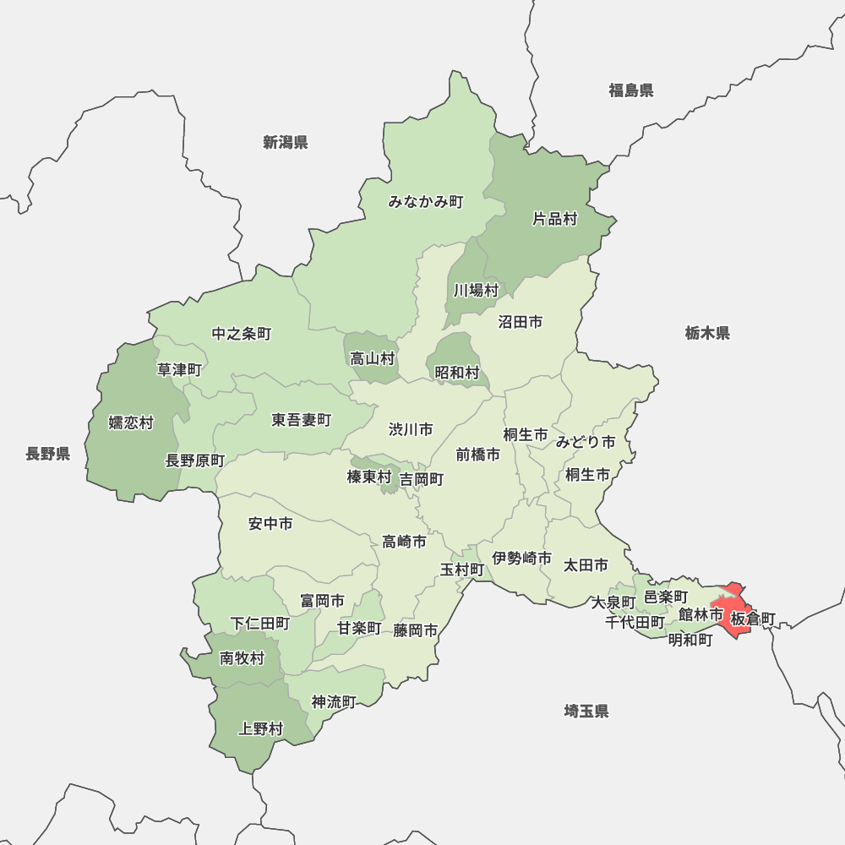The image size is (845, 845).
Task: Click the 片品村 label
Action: pos(554,220)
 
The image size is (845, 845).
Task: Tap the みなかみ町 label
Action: pos(426,202)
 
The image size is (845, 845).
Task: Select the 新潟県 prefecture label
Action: pos(285,142)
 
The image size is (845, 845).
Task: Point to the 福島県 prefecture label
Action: pos(630,90)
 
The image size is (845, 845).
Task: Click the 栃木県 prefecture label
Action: pos(707,333)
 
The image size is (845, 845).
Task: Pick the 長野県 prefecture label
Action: pos(47,455)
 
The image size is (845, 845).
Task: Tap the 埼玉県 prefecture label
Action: pos(586,711)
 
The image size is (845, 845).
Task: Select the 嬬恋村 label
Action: pos(131,422)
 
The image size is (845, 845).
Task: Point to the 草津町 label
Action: pos(179,369)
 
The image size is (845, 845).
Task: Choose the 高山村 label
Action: pos(372,358)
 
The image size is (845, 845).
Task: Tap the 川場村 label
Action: pos(476,291)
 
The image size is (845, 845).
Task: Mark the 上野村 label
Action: pos(261,728)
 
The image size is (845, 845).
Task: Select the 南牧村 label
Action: pos(242,658)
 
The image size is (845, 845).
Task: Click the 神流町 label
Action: pos(334,701)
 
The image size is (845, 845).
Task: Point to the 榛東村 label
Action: pos(369,478)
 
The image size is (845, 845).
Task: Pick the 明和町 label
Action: pos(690,641)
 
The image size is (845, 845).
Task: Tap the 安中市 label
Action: pos(270,524)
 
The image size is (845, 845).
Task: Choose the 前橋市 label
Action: pos(477,455)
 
